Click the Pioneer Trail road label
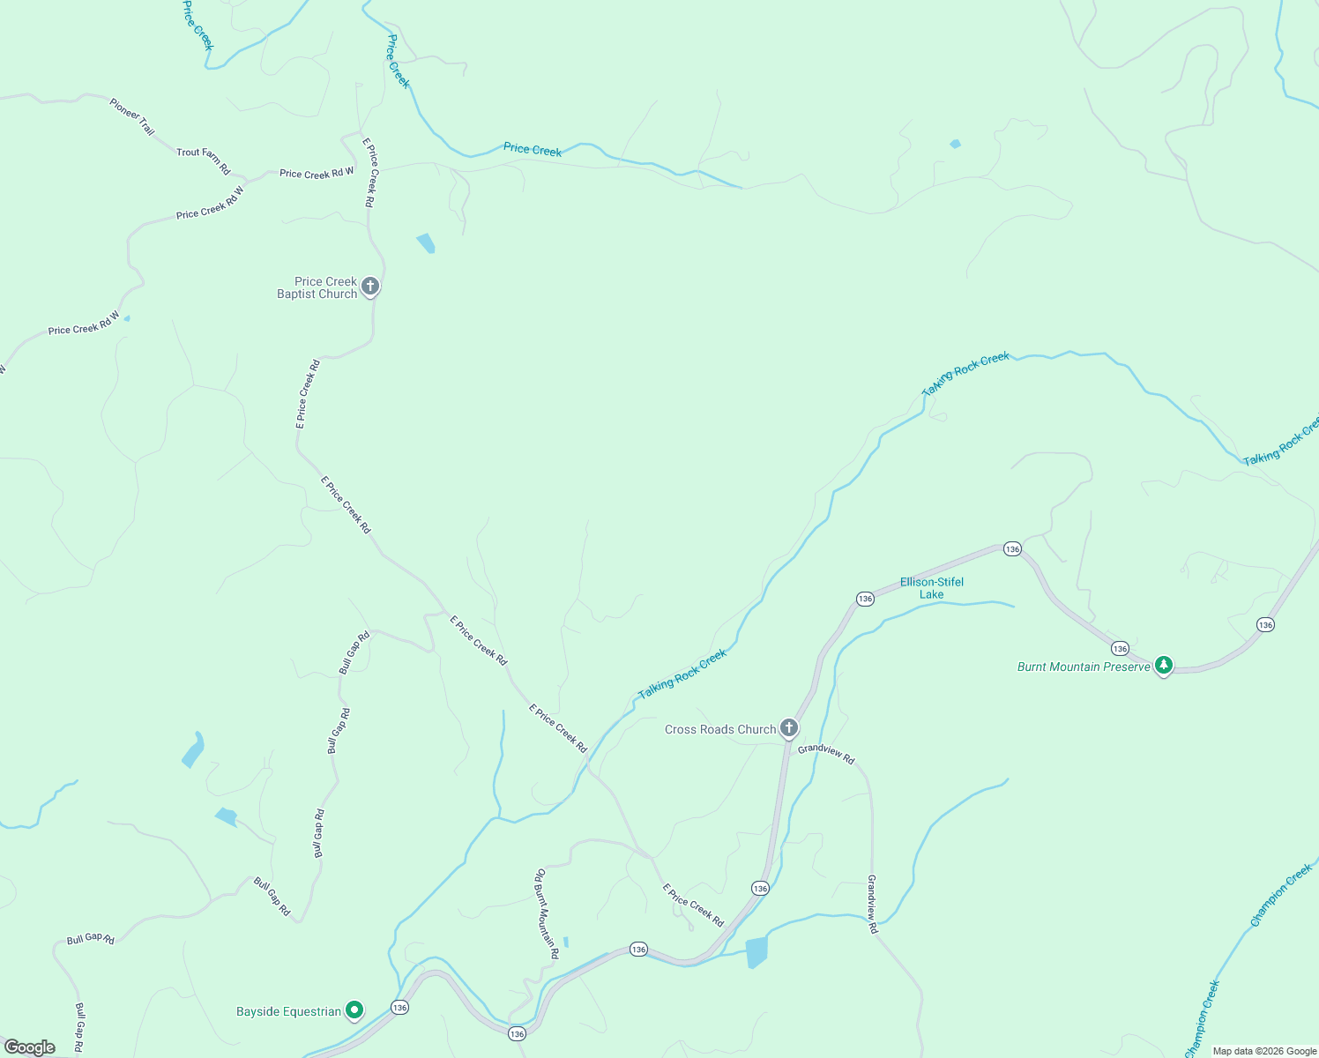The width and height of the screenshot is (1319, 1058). pos(132,116)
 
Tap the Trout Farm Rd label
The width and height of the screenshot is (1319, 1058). pos(203,160)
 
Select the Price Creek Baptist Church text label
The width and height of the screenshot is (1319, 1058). pos(317,288)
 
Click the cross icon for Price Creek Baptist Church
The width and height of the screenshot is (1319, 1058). pos(370,286)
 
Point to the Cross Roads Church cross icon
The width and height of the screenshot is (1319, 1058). pos(789,727)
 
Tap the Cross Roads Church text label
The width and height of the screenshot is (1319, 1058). pos(720,729)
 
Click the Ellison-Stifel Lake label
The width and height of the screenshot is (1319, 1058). pos(931,588)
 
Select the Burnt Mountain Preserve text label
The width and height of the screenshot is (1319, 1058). pos(1084,667)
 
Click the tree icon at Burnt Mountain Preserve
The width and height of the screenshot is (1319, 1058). pos(1164,665)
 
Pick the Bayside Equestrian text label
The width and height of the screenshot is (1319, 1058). pos(288,1011)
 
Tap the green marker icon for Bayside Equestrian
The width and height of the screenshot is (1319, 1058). pos(354,1010)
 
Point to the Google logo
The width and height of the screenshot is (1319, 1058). pos(30,1047)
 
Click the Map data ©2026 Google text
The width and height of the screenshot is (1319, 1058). pos(1264,1051)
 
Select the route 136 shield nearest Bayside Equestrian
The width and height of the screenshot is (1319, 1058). pos(400,1007)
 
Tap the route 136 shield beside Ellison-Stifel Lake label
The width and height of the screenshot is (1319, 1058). pos(865,599)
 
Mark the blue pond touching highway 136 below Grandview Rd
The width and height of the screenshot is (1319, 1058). pos(756,952)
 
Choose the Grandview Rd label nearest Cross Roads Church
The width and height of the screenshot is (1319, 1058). pos(826,754)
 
